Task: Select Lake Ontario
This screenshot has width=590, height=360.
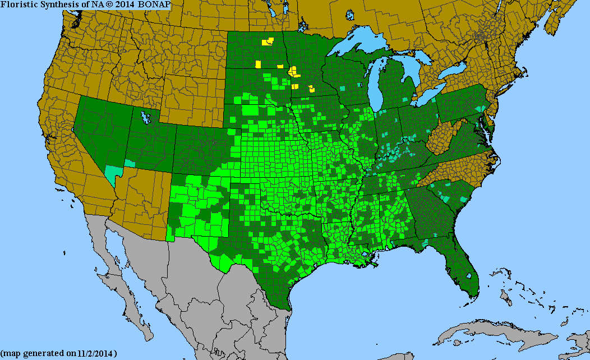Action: tap(454, 71)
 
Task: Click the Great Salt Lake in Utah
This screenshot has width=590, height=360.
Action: tap(146, 118)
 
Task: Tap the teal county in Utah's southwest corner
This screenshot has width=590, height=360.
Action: tap(130, 163)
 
